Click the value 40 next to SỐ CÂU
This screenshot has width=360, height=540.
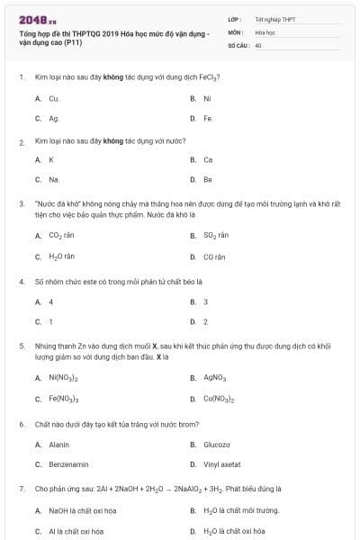pyautogui.click(x=258, y=44)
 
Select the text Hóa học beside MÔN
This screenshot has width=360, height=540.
pyautogui.click(x=265, y=31)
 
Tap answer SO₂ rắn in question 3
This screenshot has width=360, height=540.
pyautogui.click(x=216, y=235)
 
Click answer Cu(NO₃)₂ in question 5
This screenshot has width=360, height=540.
pyautogui.click(x=219, y=399)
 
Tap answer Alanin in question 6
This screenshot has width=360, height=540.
pyautogui.click(x=58, y=445)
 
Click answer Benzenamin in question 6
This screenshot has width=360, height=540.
pyautogui.click(x=67, y=464)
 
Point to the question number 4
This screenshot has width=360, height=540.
pyautogui.click(x=21, y=282)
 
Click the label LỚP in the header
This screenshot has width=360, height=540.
pyautogui.click(x=234, y=19)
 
